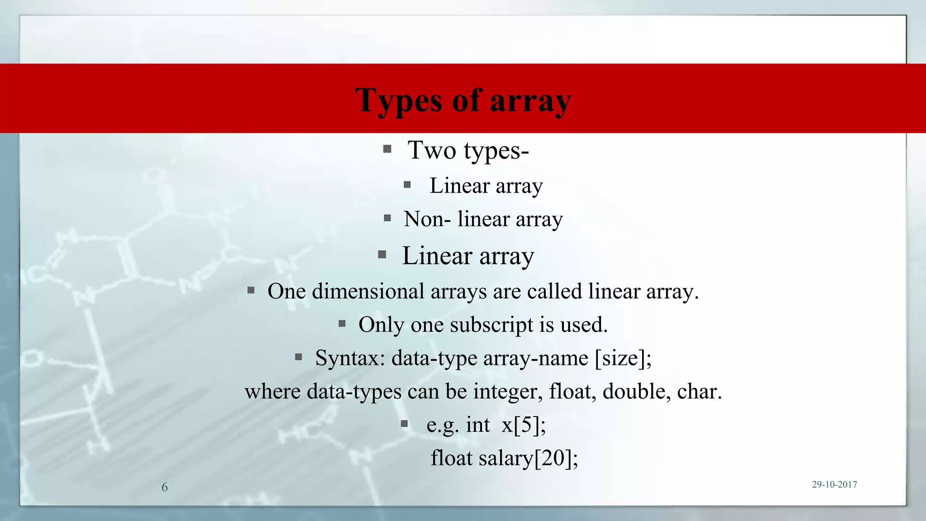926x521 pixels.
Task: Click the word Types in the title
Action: tap(398, 100)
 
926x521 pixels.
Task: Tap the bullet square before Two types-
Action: tap(387, 149)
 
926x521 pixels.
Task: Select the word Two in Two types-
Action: tap(432, 150)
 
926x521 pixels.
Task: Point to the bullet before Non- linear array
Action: tap(387, 218)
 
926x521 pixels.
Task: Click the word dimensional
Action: tap(368, 291)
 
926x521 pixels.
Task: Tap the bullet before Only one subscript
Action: tap(342, 323)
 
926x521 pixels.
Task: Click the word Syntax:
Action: tap(350, 358)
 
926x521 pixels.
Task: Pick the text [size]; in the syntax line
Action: tap(623, 358)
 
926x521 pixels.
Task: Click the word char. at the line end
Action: tap(699, 392)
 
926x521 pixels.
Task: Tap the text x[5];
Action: tap(524, 425)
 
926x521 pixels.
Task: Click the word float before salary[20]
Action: tap(451, 458)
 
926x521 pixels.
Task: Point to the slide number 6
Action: tap(165, 487)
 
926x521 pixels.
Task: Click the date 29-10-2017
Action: tap(834, 485)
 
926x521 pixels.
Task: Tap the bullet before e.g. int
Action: tap(404, 424)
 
